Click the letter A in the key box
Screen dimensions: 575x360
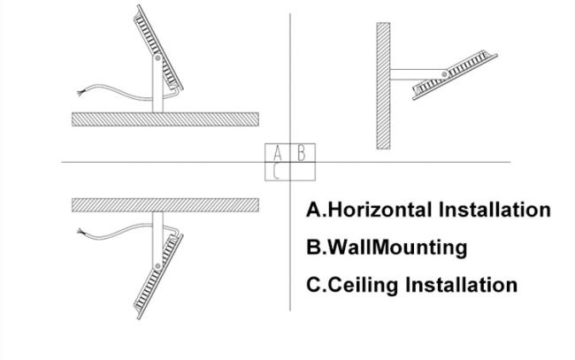[x=278, y=153]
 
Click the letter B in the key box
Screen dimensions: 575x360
[x=302, y=153]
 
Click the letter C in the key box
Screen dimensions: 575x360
[x=277, y=172]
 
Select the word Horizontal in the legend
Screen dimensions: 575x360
[x=379, y=210]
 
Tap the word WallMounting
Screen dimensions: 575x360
[x=397, y=247]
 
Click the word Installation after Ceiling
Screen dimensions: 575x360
[x=462, y=285]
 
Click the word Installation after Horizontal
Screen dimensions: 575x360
[x=495, y=210]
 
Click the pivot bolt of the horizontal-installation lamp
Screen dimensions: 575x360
[x=157, y=57]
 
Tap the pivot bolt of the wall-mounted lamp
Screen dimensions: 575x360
[x=444, y=74]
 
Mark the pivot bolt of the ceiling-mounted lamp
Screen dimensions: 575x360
[x=157, y=265]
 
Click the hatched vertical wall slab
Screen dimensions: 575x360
[x=383, y=86]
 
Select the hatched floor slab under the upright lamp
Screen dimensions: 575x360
[x=165, y=119]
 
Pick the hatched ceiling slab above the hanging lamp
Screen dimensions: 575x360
[x=165, y=205]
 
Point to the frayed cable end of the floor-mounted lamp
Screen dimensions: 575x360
[x=80, y=92]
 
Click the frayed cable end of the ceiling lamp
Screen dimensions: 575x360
[x=80, y=232]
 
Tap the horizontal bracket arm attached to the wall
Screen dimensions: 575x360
[x=418, y=74]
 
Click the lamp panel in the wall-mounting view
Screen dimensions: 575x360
[x=455, y=75]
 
